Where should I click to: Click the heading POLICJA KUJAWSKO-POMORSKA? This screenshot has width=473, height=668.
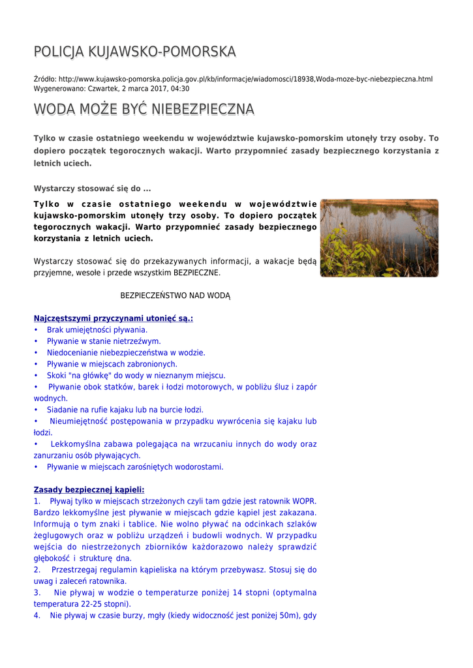point(134,52)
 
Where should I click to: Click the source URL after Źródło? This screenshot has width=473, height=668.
point(245,79)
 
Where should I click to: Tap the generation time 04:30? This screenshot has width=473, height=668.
point(180,89)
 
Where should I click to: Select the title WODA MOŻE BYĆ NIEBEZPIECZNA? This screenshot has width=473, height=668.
point(144,109)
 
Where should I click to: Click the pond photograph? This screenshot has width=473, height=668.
point(379,238)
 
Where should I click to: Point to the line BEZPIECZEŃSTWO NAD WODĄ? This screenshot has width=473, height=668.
point(175,296)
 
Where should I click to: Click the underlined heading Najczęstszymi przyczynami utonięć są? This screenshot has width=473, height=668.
point(113,318)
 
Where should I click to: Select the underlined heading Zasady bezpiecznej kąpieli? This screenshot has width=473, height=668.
point(89,490)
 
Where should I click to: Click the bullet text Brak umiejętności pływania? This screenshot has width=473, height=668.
point(97,330)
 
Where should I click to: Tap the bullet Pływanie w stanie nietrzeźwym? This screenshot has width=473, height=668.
point(104,341)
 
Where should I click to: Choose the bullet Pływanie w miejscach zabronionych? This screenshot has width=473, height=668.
point(112,364)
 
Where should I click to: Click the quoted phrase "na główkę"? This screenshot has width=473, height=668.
point(85,376)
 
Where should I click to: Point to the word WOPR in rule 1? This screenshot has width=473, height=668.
point(304,501)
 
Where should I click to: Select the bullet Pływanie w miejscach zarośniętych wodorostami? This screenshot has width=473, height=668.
point(135,467)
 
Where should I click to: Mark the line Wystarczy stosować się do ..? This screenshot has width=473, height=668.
point(92,189)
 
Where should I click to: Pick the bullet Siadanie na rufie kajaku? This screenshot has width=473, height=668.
point(125,410)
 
